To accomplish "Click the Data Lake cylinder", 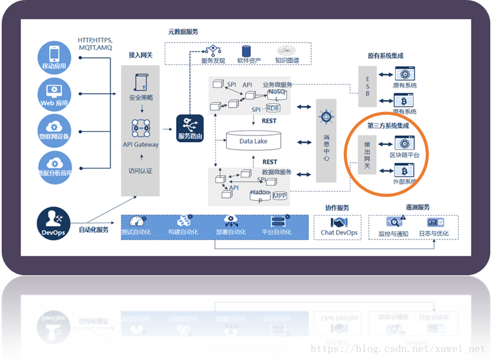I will [253, 141].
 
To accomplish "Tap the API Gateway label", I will [141, 145].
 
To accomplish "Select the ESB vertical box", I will [367, 86].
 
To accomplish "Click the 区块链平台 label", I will [404, 155].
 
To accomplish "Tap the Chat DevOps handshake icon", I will [339, 223].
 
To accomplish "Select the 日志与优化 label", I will [434, 233].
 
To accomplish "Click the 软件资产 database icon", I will [246, 51].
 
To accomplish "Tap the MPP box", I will [280, 196].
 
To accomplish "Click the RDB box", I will [273, 108].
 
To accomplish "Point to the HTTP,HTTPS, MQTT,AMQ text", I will [95, 44].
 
